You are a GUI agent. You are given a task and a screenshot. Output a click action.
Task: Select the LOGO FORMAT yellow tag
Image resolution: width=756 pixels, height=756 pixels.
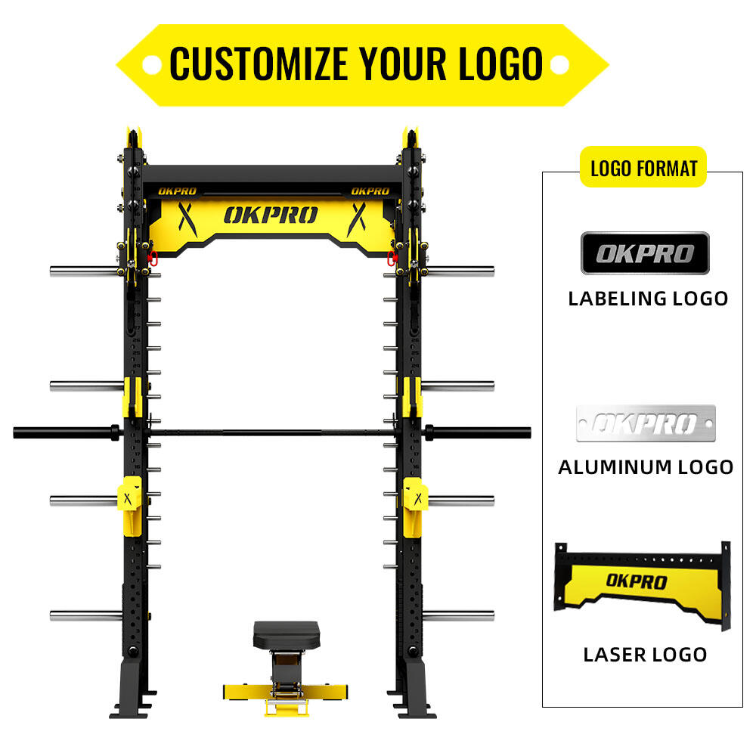click(x=643, y=168)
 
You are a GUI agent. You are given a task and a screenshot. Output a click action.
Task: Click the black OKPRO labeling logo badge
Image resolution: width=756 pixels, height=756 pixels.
click(x=645, y=253)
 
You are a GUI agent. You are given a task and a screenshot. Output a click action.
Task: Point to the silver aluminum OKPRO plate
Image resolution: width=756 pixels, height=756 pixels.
click(x=645, y=423)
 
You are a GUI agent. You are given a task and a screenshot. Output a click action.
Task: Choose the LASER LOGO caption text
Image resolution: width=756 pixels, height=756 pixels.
click(x=645, y=655)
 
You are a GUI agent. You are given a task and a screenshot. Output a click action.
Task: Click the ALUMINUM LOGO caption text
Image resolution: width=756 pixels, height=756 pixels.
click(x=646, y=467)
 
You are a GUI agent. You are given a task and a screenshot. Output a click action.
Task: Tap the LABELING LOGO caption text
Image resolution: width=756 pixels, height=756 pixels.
click(x=648, y=298)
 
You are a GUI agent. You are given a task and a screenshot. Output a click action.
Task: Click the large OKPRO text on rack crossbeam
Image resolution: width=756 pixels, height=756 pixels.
click(x=271, y=215)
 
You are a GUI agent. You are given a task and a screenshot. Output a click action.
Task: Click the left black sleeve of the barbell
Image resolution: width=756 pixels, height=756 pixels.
click(x=64, y=432)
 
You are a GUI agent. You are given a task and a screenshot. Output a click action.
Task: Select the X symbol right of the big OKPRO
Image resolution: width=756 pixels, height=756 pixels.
click(x=356, y=217)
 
